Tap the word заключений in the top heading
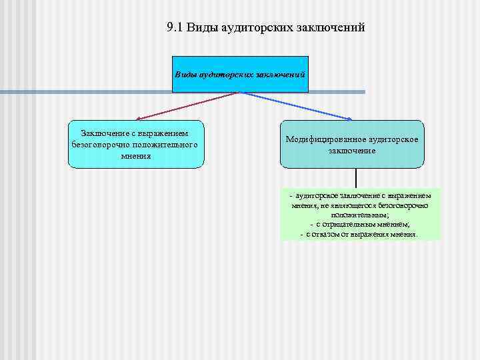pos(332,28)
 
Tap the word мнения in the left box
pos(136,155)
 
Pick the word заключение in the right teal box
pos(351,150)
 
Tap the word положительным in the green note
pos(360,215)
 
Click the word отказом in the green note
pos(331,234)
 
